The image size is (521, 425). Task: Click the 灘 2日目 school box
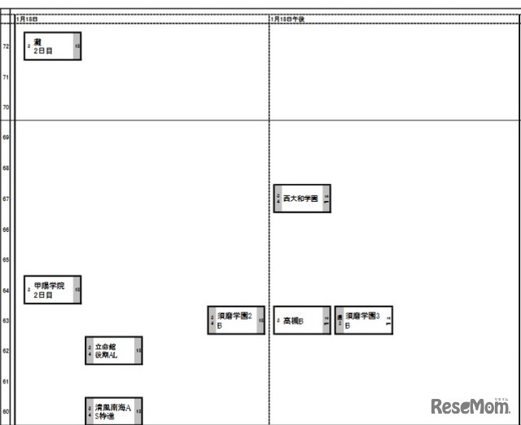click(53, 46)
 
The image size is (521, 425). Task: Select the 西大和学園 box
click(302, 199)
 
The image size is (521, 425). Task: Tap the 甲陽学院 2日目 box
click(53, 290)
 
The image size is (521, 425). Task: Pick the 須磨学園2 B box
click(236, 320)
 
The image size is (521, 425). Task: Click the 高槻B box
click(302, 321)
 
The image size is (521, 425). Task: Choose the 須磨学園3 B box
click(364, 320)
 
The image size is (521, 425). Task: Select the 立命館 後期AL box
click(114, 351)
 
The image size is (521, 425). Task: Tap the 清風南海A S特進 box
click(114, 411)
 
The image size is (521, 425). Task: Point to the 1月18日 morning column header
click(27, 19)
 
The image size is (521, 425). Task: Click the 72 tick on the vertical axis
click(6, 46)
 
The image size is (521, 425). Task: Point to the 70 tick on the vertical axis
click(6, 107)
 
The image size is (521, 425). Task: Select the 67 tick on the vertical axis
click(6, 199)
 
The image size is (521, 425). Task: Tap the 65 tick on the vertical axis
click(6, 260)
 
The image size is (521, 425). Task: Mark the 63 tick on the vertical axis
click(6, 321)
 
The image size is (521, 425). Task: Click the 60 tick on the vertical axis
click(6, 412)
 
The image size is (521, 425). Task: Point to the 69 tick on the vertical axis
click(6, 138)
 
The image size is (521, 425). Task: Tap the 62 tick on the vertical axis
click(6, 351)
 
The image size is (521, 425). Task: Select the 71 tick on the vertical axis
click(6, 77)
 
